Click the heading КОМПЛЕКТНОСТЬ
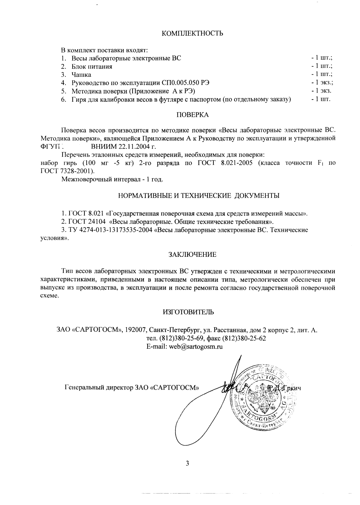pos(192,34)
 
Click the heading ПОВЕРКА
pos(193,115)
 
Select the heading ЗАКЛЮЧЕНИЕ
pos(192,255)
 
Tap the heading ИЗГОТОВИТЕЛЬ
pos(188,312)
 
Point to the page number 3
pos(187,464)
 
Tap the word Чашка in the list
pos(81,75)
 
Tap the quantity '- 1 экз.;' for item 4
pos(322,83)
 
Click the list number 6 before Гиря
pos(63,99)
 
